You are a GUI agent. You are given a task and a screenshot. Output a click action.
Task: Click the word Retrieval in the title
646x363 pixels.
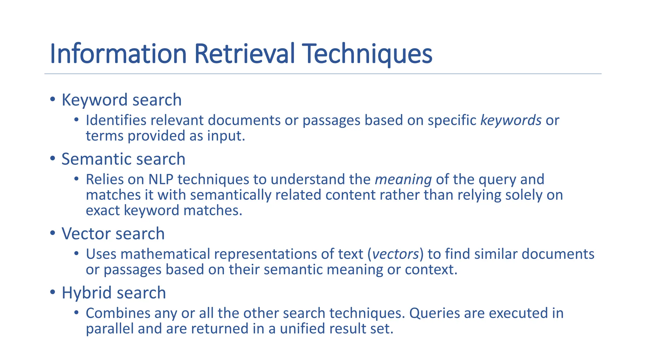coord(245,54)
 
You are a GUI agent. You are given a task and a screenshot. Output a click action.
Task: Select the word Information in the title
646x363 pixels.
coord(118,54)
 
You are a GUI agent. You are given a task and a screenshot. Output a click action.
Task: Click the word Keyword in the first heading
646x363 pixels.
coord(95,100)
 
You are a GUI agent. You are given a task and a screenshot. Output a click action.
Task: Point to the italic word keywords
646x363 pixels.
coord(511,120)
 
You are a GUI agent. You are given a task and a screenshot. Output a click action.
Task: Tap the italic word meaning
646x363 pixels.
coord(403,180)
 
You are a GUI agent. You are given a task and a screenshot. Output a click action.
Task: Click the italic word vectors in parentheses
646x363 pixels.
coord(396,254)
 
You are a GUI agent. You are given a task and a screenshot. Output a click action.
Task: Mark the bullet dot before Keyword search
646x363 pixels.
coord(53,100)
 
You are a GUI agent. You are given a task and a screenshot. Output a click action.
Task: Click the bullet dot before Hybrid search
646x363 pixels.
coord(53,292)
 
